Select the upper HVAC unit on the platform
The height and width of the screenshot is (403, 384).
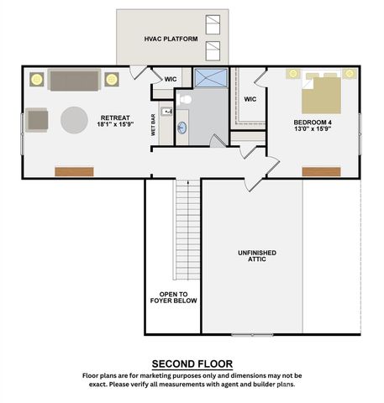coord(213,30)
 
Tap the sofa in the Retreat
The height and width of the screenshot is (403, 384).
coord(73,80)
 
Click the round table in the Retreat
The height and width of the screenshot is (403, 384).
coord(74,119)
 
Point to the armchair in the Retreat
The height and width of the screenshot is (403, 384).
coord(37,120)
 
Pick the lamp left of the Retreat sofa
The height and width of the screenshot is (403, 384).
coord(36,80)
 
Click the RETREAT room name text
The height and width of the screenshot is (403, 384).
coord(115,118)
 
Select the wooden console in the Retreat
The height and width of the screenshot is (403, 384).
coord(74,171)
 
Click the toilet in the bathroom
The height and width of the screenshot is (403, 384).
coord(185,100)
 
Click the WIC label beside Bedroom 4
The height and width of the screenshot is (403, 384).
coord(250,100)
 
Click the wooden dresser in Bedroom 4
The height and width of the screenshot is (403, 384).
coord(321,171)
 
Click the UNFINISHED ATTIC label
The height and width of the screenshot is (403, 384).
coord(256,257)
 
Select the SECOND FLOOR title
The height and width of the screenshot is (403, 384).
coord(191,363)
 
